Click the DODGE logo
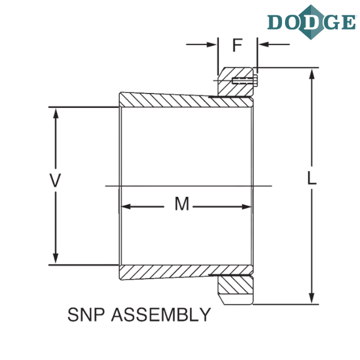click(x=311, y=22)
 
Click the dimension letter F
click(x=238, y=45)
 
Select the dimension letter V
click(x=55, y=181)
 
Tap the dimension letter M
click(x=182, y=203)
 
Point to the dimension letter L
click(x=311, y=178)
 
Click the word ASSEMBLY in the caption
click(x=161, y=314)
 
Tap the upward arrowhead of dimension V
click(x=56, y=113)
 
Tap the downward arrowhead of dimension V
click(x=56, y=259)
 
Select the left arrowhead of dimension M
click(x=126, y=206)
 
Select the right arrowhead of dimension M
click(x=247, y=206)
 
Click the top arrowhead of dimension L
click(x=311, y=74)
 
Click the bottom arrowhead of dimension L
click(x=311, y=298)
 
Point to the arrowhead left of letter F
click(x=212, y=44)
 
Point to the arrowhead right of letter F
click(x=263, y=44)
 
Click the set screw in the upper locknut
click(x=245, y=80)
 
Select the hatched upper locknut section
click(x=235, y=82)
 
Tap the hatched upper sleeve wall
click(x=186, y=100)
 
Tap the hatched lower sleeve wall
click(x=186, y=272)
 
